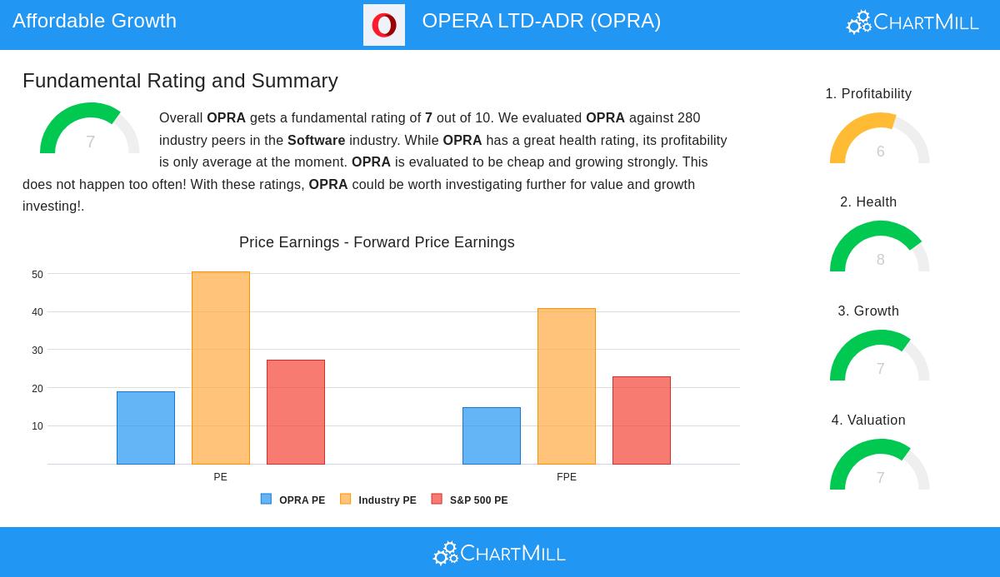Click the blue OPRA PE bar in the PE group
point(146,428)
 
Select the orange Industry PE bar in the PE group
point(221,368)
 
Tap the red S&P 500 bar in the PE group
point(296,412)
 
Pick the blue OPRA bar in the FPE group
point(492,435)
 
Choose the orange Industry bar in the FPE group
point(567,386)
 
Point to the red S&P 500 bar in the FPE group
point(642,420)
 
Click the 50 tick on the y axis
point(37,275)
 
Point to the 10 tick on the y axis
point(37,426)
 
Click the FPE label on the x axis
point(567,477)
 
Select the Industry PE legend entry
point(378,500)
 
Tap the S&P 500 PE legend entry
point(470,500)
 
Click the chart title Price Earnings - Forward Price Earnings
point(377,242)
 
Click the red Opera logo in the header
point(384,25)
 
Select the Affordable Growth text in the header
point(95,21)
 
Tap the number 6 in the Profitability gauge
point(880,152)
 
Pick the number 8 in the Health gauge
point(880,260)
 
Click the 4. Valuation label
point(868,420)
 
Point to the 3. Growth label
point(868,311)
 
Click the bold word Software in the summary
point(316,141)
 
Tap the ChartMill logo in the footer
point(499,553)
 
